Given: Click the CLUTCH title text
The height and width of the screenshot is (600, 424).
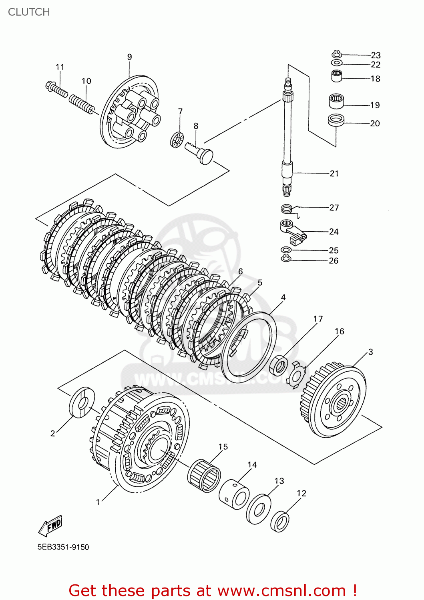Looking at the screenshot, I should pyautogui.click(x=29, y=12).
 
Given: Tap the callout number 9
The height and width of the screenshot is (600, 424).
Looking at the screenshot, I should pyautogui.click(x=129, y=57).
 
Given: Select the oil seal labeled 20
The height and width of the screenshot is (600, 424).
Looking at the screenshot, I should pyautogui.click(x=336, y=120).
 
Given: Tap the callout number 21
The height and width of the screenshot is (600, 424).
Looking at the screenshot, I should pyautogui.click(x=334, y=174).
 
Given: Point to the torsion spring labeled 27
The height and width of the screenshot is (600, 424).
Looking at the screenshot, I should pyautogui.click(x=287, y=208).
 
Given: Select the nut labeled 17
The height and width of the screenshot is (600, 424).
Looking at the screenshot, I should pyautogui.click(x=279, y=365).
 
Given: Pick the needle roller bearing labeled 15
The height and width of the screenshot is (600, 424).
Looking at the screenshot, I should pyautogui.click(x=204, y=476).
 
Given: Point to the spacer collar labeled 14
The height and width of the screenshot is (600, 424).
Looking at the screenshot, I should pyautogui.click(x=235, y=494).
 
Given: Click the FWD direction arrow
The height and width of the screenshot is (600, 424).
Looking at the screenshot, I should pyautogui.click(x=51, y=526).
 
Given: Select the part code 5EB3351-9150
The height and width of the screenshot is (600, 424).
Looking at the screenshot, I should pyautogui.click(x=63, y=547).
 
